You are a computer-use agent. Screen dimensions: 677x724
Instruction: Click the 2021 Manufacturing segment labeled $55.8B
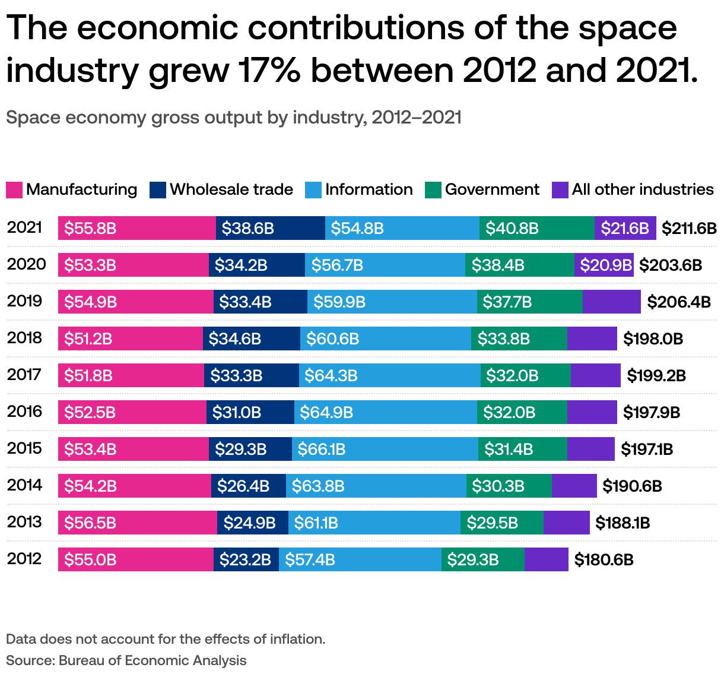point(136,228)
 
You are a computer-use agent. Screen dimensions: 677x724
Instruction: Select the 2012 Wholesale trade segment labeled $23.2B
point(246,559)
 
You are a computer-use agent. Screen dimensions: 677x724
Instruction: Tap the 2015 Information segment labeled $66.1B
point(385,449)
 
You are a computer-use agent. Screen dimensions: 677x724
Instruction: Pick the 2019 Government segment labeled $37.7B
point(529,302)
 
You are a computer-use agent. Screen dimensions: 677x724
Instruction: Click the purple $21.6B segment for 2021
point(625,228)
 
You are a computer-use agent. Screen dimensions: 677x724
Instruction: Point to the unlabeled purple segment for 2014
point(574,486)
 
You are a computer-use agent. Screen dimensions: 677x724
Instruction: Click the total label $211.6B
point(689,228)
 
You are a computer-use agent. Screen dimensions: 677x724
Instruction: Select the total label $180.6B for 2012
point(604,559)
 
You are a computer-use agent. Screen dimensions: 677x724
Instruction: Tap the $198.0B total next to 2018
point(653,338)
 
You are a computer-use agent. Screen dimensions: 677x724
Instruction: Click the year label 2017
point(24,375)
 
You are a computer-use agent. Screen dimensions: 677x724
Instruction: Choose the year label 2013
point(24,522)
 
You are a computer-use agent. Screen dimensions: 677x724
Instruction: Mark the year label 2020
point(26,264)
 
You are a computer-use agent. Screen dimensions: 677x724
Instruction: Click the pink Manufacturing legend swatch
point(14,190)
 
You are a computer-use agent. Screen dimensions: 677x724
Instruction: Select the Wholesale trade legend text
point(231,189)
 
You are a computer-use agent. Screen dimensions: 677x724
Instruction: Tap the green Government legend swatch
point(433,190)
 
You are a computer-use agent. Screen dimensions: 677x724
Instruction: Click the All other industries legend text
point(643,189)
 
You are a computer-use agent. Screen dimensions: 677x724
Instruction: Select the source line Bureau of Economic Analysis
point(152,660)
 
